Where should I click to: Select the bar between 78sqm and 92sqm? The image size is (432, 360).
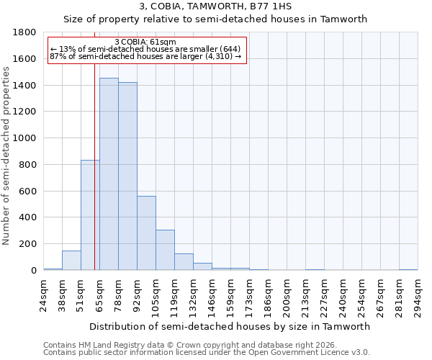point(127,176)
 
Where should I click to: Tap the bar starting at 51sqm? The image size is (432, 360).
point(90,215)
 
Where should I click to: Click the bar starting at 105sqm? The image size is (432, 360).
point(165,250)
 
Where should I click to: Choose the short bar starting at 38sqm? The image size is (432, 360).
point(71,261)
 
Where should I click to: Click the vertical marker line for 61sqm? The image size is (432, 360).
point(94,144)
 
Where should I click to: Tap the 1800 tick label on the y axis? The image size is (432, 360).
point(25,32)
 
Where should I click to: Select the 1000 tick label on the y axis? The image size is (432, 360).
point(25,138)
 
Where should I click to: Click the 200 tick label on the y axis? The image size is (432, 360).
point(28,244)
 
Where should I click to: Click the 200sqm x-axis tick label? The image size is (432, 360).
point(287,295)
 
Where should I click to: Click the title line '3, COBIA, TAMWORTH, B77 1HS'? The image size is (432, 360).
point(215,6)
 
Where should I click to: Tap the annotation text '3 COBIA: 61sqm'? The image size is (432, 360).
point(146,42)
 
